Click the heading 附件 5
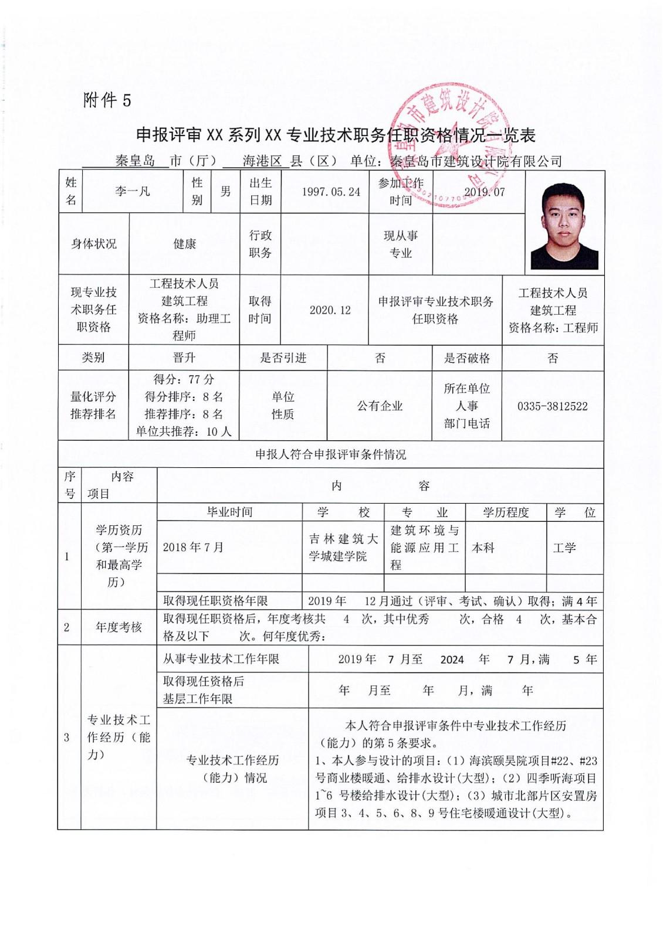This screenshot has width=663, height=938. [x=107, y=100]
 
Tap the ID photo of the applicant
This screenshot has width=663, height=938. [x=564, y=225]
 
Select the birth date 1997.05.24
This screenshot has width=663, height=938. [x=331, y=192]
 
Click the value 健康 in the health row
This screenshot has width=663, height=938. [x=184, y=244]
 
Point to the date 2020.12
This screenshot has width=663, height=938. [x=330, y=310]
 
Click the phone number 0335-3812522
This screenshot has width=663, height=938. [x=552, y=406]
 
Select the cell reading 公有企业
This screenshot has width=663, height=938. [x=380, y=406]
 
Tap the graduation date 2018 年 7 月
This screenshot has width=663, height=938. [x=193, y=547]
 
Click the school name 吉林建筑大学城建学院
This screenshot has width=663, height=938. [x=343, y=547]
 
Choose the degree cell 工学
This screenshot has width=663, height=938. [x=564, y=548]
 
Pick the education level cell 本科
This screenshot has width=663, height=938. [x=483, y=548]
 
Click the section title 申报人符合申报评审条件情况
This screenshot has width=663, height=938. [x=330, y=454]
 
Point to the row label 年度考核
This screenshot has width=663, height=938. [x=119, y=627]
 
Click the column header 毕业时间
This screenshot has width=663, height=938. [x=229, y=512]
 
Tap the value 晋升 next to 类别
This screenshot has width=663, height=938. [x=184, y=358]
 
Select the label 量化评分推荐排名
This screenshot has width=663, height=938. [x=93, y=405]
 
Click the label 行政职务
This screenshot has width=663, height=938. [x=260, y=244]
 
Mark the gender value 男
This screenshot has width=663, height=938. [x=225, y=192]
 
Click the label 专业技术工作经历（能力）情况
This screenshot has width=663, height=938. [x=232, y=769]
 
